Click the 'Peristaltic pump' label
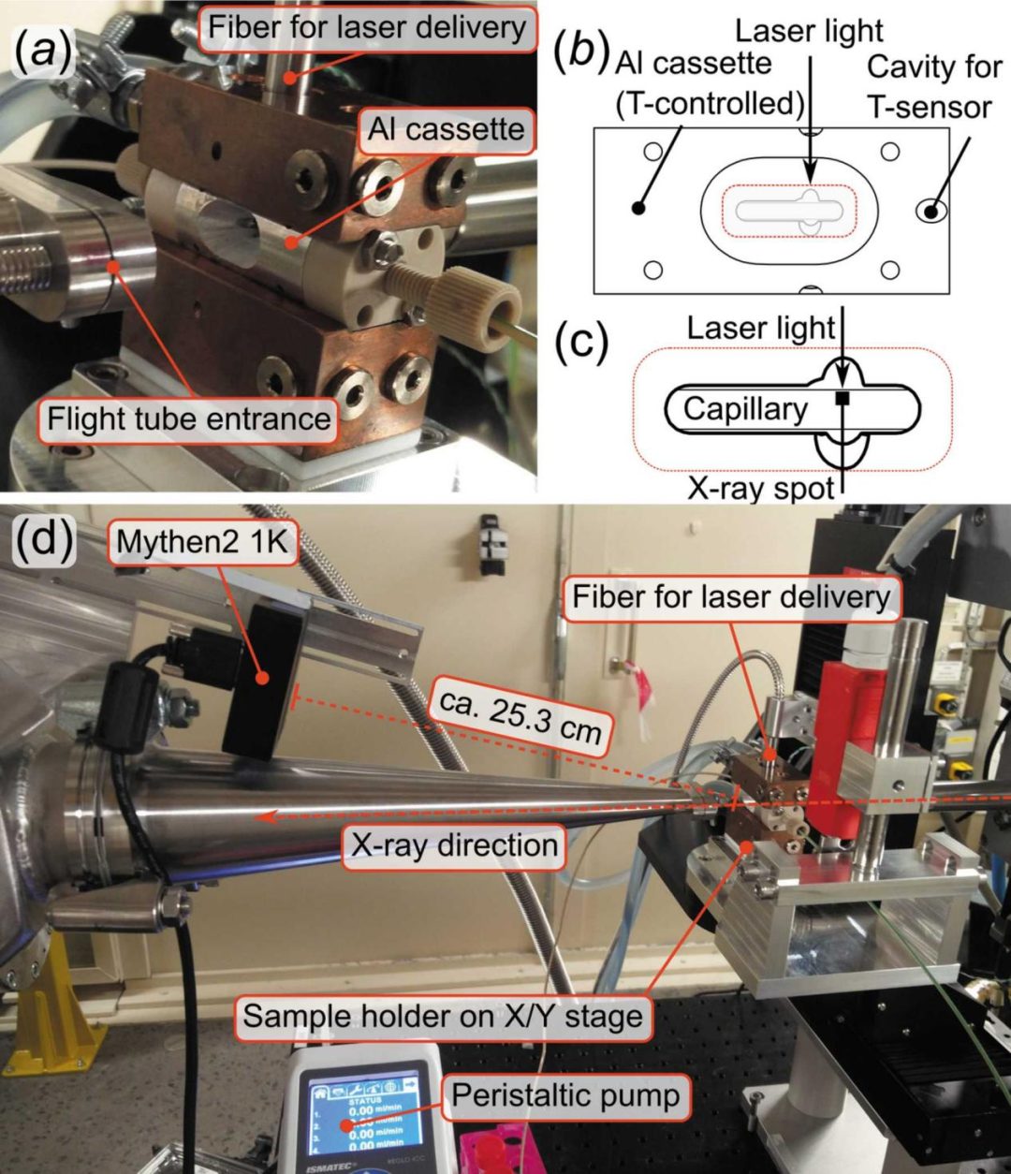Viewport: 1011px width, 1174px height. tap(565, 1093)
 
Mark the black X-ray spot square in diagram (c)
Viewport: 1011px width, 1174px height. tap(842, 400)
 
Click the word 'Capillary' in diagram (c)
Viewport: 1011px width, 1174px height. tap(744, 408)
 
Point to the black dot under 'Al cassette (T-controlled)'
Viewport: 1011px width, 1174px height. tap(638, 208)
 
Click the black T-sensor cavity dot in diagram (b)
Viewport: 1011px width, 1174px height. tap(931, 212)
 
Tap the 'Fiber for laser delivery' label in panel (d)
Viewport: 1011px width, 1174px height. tap(731, 596)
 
